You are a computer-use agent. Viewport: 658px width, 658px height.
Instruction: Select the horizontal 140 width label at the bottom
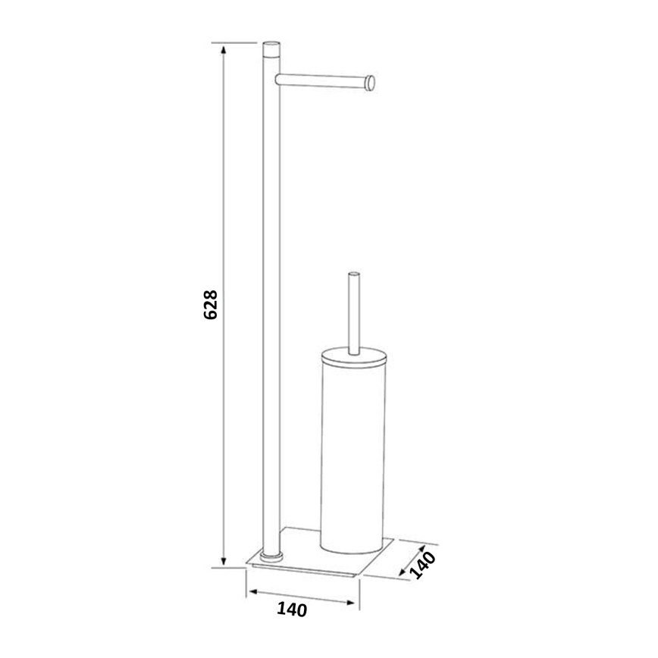point(292,609)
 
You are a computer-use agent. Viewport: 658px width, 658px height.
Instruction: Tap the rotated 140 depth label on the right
point(423,566)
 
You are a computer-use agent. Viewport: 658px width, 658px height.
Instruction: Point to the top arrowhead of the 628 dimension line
point(223,50)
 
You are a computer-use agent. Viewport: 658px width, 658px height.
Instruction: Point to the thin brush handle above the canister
point(352,311)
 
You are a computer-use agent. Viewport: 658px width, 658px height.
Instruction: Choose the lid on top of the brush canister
point(352,354)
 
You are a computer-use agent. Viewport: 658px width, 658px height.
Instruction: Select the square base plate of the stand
point(318,561)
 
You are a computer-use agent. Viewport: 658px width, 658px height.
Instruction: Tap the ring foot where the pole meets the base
point(270,556)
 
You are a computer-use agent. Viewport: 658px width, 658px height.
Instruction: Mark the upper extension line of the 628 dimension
point(235,42)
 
